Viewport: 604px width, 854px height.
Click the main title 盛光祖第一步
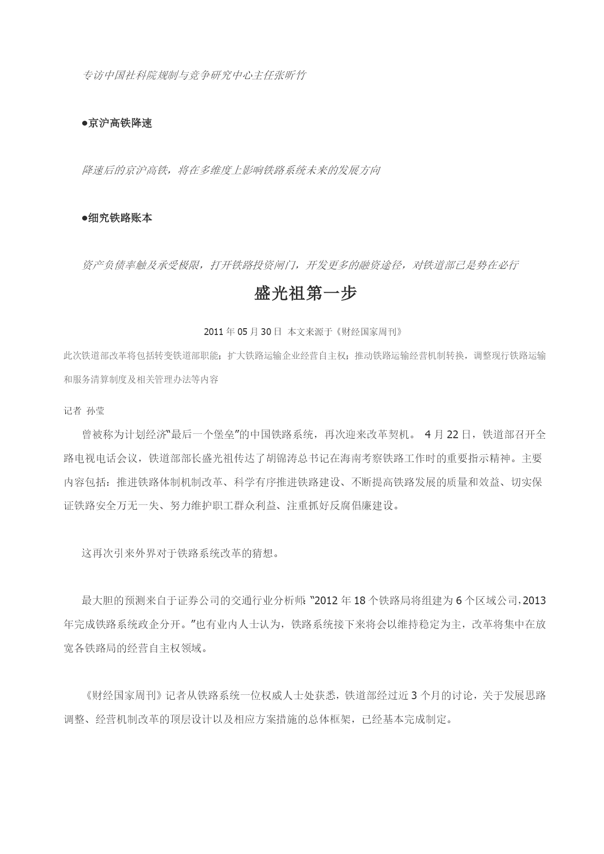tap(305, 294)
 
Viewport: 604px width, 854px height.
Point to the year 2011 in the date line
tap(213, 332)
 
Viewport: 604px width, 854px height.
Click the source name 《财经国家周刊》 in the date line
tap(369, 332)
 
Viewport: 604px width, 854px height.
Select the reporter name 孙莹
tap(95, 410)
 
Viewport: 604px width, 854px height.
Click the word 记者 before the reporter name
tap(73, 410)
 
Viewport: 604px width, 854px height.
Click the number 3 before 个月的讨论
tap(414, 695)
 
